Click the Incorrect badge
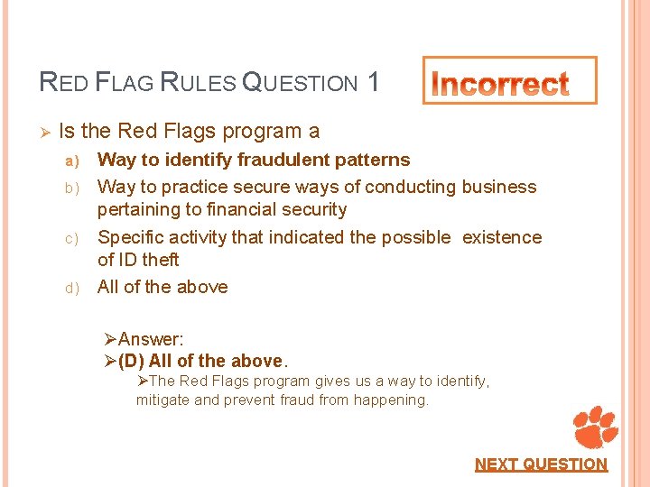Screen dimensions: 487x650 coord(510,81)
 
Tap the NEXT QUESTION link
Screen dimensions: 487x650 coord(541,464)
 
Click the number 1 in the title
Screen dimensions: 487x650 coord(373,83)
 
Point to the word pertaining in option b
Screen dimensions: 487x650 coord(138,209)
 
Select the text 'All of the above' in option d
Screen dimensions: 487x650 coord(162,287)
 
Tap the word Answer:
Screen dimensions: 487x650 coord(151,339)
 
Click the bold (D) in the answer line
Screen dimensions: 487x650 coord(132,361)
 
